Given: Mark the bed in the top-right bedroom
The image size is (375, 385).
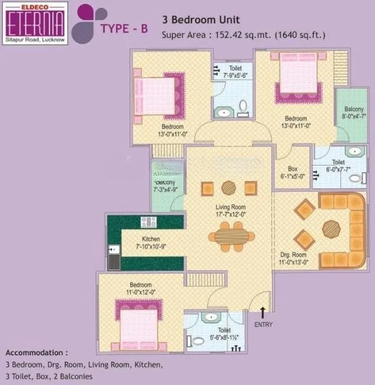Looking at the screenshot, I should (x=299, y=77).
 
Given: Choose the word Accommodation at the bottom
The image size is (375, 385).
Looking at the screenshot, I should (x=36, y=353).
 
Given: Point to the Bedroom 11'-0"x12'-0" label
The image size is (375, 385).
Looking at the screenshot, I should (x=140, y=288).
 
